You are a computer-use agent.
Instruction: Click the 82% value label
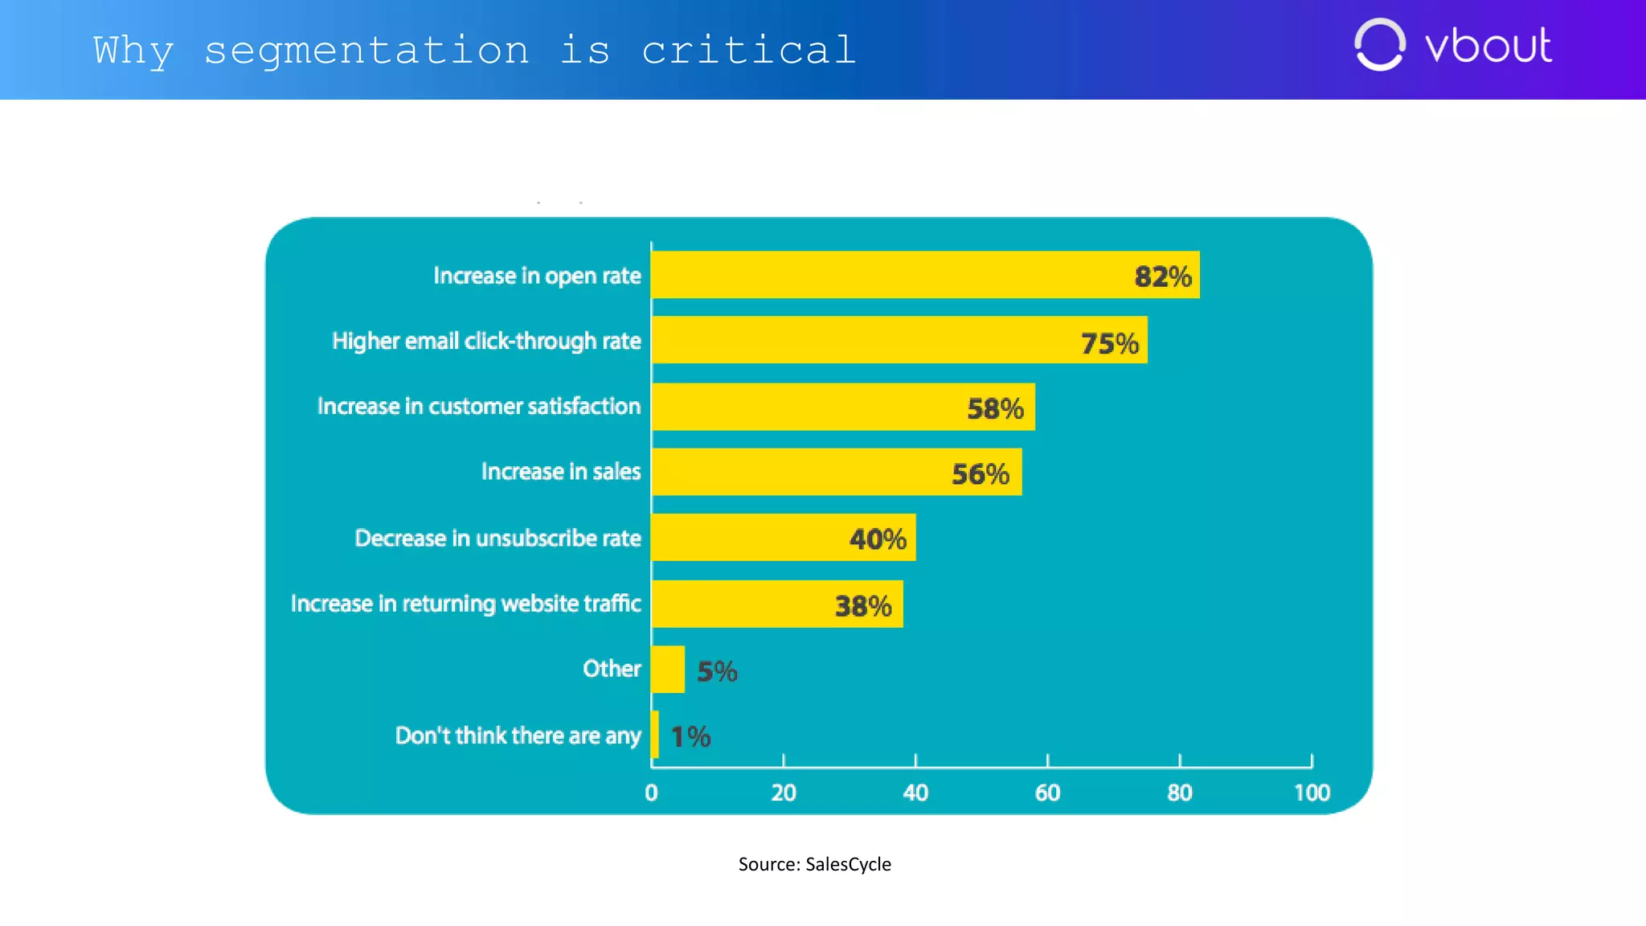click(1162, 277)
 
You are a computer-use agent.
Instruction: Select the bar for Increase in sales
click(836, 472)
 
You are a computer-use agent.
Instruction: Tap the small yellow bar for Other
click(668, 669)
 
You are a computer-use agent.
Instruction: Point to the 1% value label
click(690, 736)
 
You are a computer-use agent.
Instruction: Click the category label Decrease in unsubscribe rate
click(497, 538)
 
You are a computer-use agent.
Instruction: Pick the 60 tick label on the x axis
click(1047, 793)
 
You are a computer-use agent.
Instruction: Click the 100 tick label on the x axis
click(1312, 793)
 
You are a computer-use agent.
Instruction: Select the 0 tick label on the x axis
click(651, 793)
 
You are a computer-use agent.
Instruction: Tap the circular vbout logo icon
click(1379, 45)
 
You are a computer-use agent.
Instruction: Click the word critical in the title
click(748, 51)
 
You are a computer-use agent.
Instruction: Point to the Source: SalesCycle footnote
click(814, 864)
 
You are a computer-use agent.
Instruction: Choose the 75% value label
click(1109, 343)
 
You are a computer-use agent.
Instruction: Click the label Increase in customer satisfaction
click(478, 406)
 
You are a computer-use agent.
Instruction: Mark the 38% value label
click(862, 605)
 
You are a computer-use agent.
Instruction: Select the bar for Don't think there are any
click(655, 734)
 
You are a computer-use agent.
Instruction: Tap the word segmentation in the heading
click(366, 51)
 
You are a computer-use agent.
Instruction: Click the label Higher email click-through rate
click(486, 341)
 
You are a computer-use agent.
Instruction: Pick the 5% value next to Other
click(716, 671)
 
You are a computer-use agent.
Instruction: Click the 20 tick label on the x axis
click(783, 793)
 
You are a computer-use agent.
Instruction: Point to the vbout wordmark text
click(1488, 46)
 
